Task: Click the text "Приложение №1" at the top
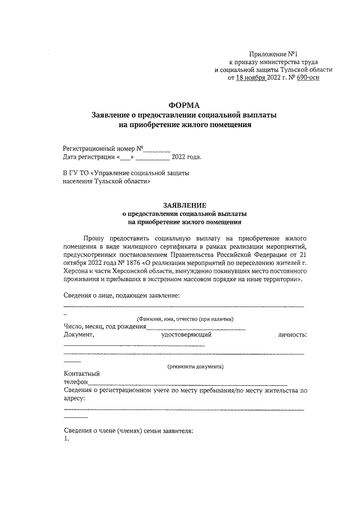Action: pos(280,52)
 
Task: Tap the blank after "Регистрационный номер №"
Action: pos(156,149)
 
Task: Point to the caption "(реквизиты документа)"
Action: pos(195,367)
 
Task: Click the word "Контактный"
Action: pos(82,374)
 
